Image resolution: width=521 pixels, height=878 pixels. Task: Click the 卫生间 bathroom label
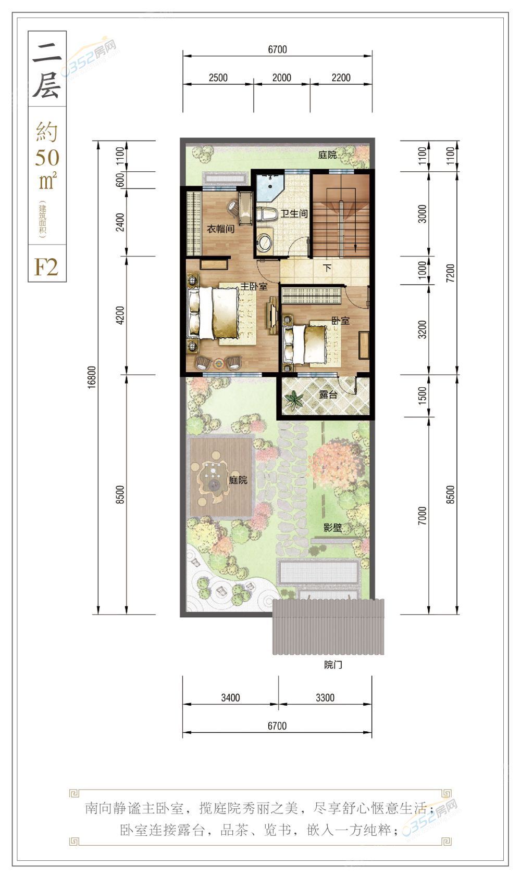(x=294, y=213)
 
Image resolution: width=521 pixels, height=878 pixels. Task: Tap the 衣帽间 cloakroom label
(x=220, y=228)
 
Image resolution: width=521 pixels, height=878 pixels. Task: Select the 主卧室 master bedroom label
(x=254, y=287)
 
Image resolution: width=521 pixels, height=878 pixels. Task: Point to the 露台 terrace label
(x=328, y=395)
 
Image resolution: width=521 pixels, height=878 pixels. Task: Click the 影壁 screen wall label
(x=333, y=528)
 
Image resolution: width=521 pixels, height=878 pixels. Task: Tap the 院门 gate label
(x=333, y=665)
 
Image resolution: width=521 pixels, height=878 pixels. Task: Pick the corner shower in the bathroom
(x=267, y=186)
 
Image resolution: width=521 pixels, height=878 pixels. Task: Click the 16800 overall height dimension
(x=91, y=377)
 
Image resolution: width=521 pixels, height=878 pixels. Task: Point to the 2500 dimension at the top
(x=218, y=78)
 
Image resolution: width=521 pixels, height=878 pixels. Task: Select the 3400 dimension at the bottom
(x=230, y=698)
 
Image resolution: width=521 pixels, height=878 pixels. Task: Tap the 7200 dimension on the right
(x=450, y=273)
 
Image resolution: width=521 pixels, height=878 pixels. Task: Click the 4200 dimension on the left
(x=120, y=315)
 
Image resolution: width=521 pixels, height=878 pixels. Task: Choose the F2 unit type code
(x=46, y=267)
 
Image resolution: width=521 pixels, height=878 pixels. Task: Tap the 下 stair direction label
(x=327, y=268)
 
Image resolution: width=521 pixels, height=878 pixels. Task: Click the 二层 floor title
(x=47, y=70)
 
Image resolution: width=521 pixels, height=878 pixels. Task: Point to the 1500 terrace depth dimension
(x=422, y=396)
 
